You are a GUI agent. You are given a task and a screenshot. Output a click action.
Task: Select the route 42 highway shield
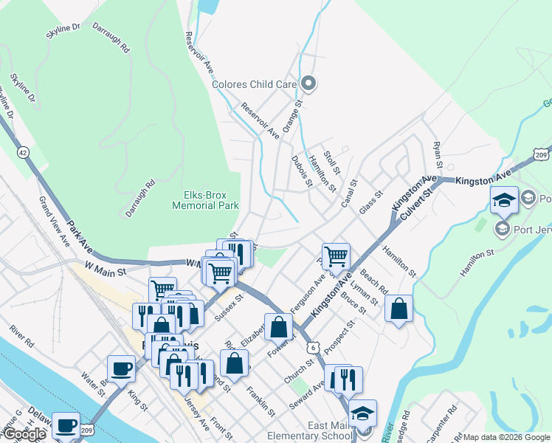(24, 152)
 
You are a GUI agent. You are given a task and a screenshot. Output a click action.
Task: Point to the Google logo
(24, 434)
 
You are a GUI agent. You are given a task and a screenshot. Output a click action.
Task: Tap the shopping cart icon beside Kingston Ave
(336, 257)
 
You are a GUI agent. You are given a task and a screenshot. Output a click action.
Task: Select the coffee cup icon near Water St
(121, 368)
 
